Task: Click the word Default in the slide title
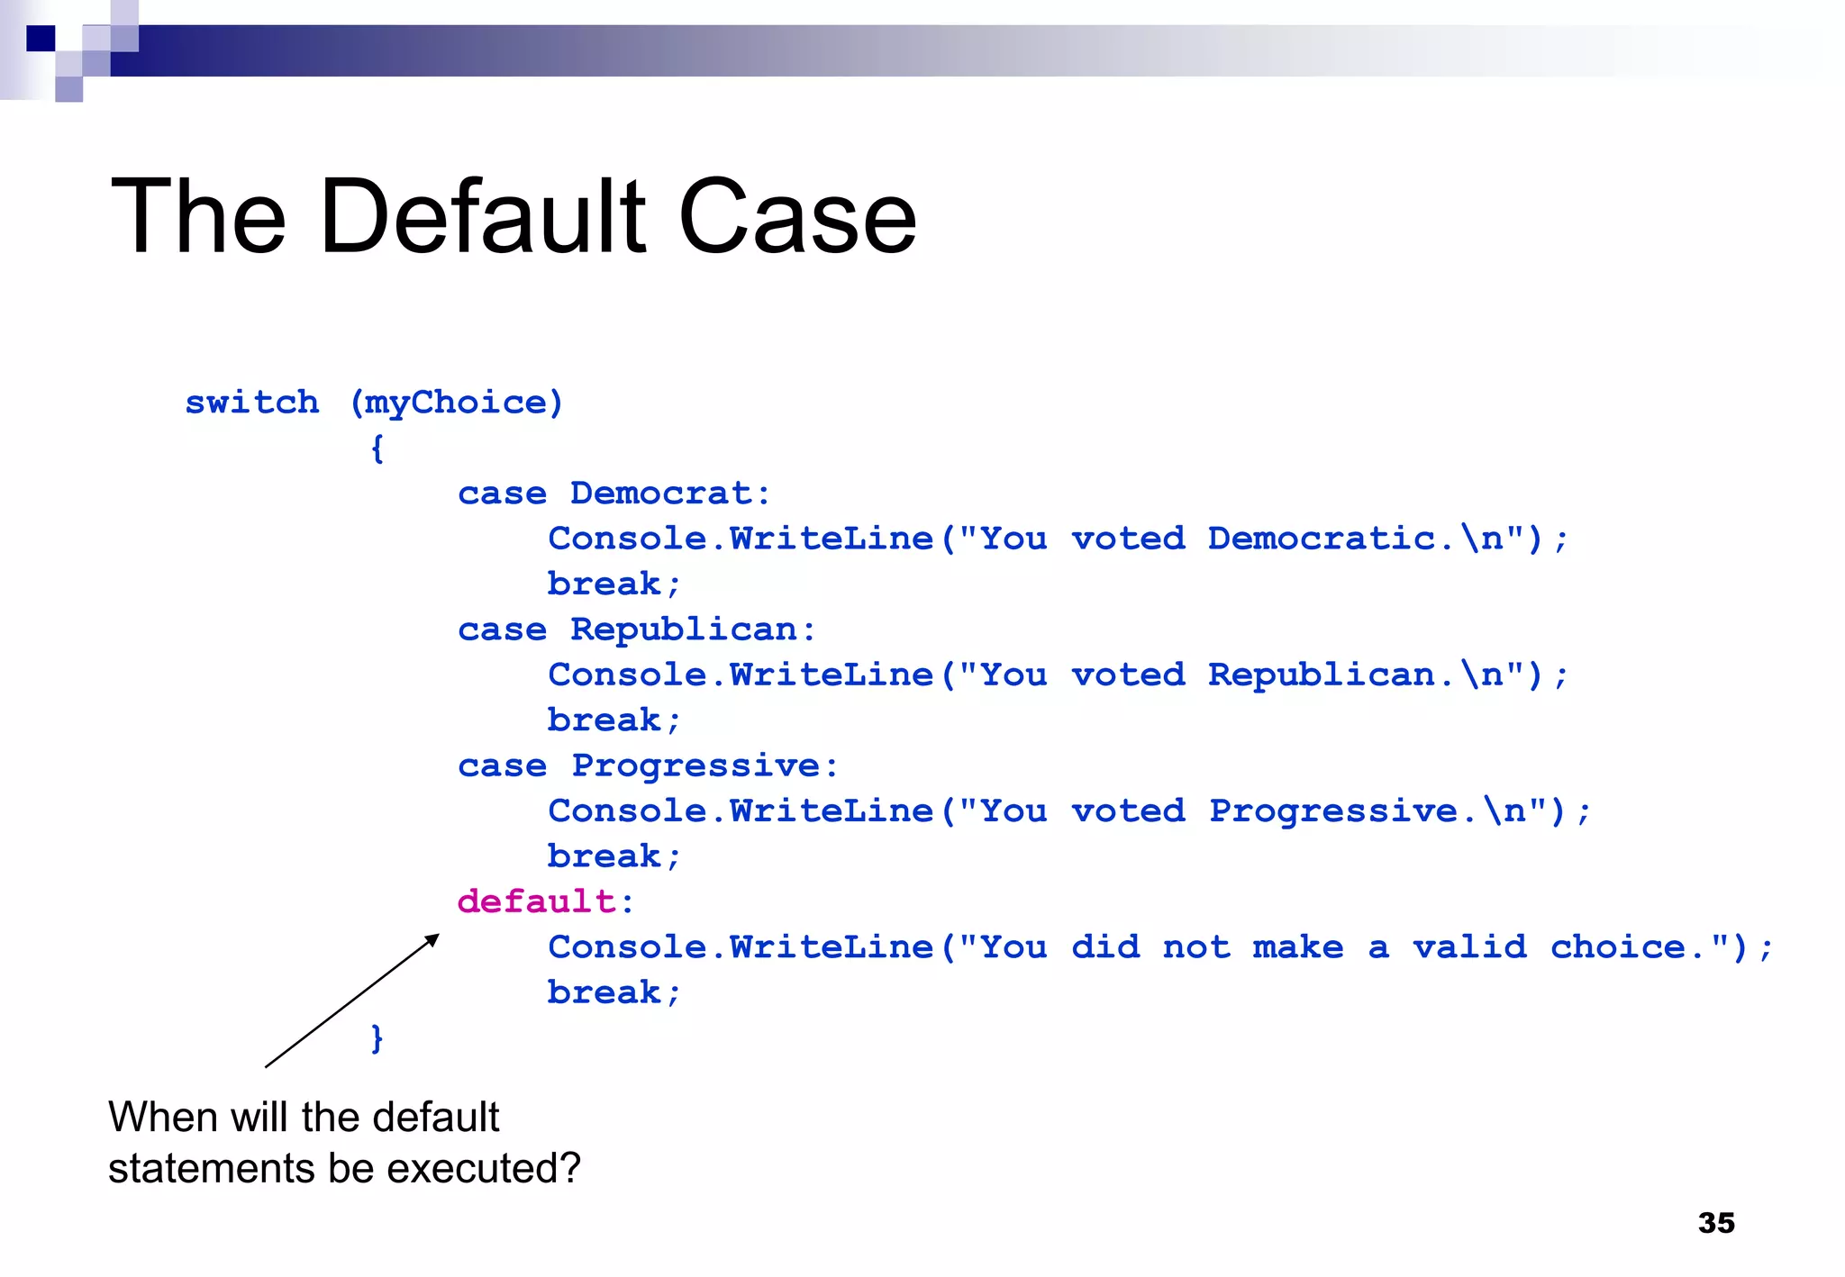point(482,217)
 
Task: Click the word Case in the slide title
point(796,217)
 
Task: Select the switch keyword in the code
point(252,402)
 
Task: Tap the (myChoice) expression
point(456,403)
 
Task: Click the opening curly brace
point(377,448)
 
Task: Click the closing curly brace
point(377,1037)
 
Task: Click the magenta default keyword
point(536,901)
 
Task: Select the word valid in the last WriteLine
point(1469,946)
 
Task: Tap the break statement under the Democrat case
point(613,584)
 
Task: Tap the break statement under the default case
point(613,992)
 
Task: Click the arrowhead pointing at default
point(432,940)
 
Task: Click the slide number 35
point(1716,1222)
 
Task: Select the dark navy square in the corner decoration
point(41,39)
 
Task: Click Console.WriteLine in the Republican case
point(741,675)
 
